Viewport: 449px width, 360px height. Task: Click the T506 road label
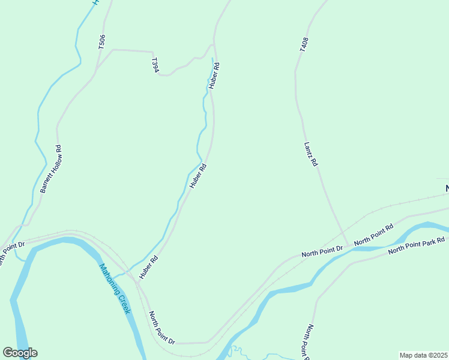(101, 41)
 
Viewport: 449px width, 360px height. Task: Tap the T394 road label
(155, 65)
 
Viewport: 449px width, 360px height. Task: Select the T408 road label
(305, 44)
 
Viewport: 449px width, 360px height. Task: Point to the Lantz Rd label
(310, 154)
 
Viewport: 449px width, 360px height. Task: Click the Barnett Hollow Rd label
(51, 169)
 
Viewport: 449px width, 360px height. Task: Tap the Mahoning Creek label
(115, 289)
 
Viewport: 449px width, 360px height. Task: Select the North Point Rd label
(373, 234)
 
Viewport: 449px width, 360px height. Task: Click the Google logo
(20, 352)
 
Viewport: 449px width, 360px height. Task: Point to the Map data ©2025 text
(423, 355)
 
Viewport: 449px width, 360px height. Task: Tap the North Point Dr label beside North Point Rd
(322, 251)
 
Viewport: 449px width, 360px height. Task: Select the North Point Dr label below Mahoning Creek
(161, 328)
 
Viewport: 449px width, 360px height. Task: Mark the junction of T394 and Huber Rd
(214, 44)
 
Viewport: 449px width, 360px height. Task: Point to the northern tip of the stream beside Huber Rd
(212, 58)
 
